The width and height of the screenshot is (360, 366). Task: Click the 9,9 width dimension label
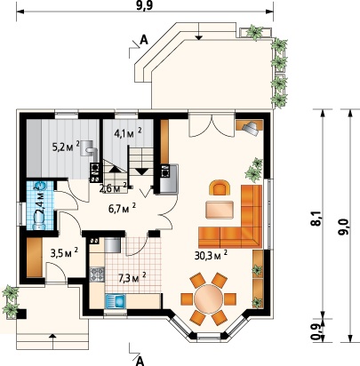coord(145,6)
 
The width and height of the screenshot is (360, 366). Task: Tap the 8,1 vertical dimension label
coord(316,219)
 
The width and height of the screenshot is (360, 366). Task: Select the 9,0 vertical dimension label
coord(344,227)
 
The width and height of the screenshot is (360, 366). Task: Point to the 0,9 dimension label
coord(316,330)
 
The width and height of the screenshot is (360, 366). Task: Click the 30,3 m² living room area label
coord(211,255)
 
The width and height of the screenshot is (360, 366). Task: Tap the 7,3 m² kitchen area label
coord(132,278)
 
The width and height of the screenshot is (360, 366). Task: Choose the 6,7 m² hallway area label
coord(123,209)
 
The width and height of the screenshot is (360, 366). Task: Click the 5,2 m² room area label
coord(66,147)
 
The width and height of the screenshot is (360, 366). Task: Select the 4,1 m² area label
coord(128,133)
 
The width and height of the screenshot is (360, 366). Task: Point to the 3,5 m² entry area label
coord(64,252)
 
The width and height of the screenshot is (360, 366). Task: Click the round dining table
coord(209,299)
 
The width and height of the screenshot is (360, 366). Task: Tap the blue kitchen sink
coord(116,301)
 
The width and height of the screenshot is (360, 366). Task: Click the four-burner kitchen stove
coord(97,274)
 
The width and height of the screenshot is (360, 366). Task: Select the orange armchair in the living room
coord(220,188)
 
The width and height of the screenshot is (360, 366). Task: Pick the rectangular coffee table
coord(220,210)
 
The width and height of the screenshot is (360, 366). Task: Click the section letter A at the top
coord(144,40)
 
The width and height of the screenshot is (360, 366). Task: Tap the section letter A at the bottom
coord(140,361)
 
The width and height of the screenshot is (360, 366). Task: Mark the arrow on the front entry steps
coord(52,341)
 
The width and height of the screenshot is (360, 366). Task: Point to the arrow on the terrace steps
coord(199,31)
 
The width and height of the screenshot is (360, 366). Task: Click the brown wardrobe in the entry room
coord(35,258)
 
